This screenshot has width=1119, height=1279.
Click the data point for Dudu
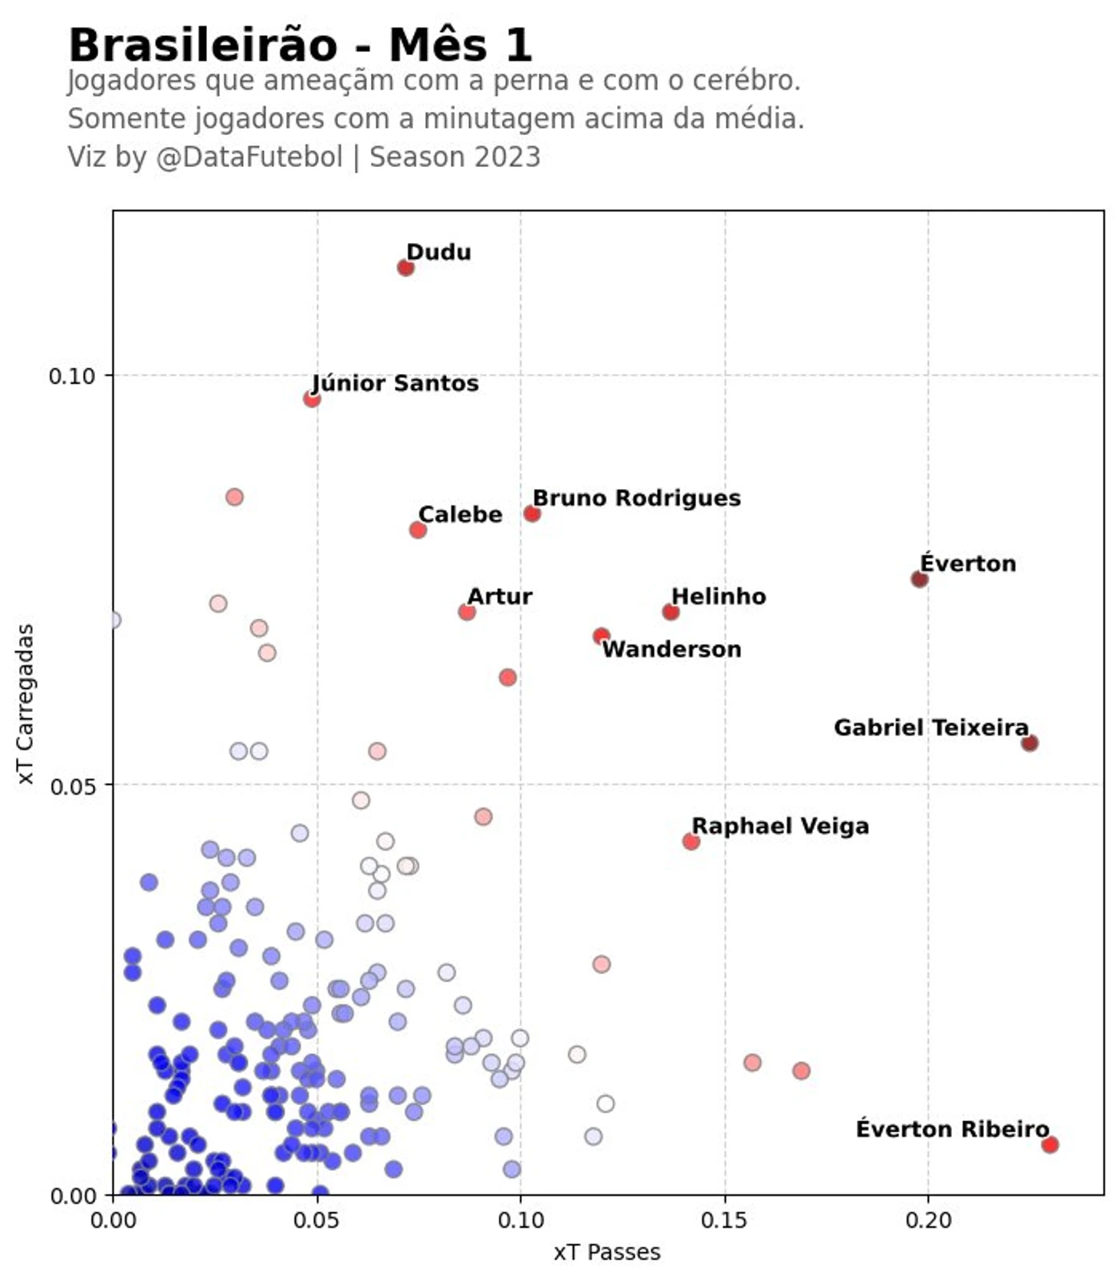pos(405,267)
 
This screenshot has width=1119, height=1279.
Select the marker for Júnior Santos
pos(311,398)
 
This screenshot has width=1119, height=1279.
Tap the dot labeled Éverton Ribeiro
pos(1049,1144)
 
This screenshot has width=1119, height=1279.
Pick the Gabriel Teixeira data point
pos(1029,743)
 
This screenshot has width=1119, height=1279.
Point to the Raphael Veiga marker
pos(691,841)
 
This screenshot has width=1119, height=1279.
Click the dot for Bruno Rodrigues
pos(532,513)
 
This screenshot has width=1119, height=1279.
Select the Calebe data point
pos(418,530)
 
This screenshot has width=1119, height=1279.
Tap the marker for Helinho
pos(671,612)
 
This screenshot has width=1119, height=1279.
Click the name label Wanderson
pos(671,650)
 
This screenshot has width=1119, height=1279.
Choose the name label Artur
pos(500,596)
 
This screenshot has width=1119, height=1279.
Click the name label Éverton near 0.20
pos(967,563)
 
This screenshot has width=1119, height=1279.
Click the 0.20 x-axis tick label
pos(928,1219)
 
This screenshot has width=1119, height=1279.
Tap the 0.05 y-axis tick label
pos(71,785)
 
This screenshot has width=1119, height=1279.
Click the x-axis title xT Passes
pos(606,1252)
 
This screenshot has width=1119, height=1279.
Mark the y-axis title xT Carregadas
pos(26,703)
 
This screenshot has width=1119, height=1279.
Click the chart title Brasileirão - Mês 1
pos(300,45)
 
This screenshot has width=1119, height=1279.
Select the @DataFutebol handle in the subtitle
pos(249,157)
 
